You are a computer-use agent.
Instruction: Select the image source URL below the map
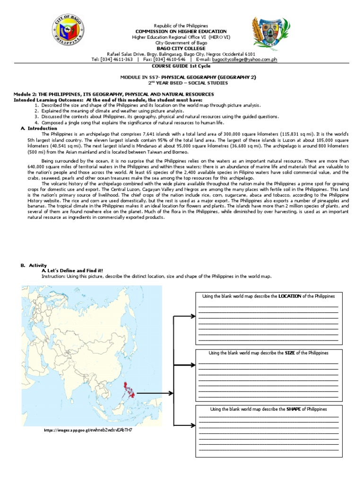pos(88,430)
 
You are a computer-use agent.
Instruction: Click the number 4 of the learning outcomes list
pos(36,123)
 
